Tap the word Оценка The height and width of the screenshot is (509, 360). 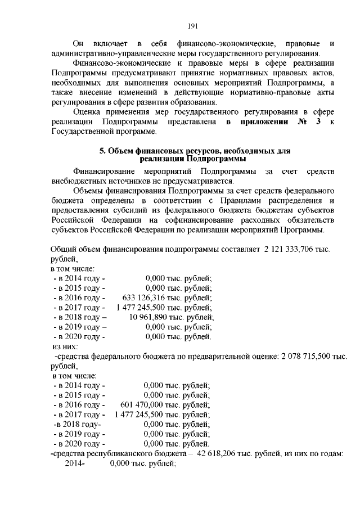tap(87, 112)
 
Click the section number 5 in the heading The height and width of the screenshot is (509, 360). tap(101, 151)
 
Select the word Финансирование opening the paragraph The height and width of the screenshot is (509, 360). tap(103, 170)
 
